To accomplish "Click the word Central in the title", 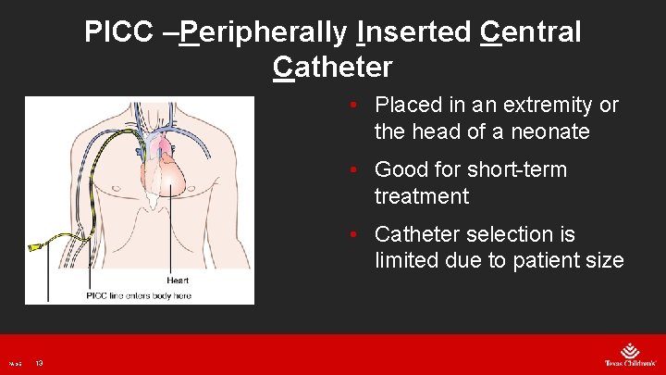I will [x=531, y=32].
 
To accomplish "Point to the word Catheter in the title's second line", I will [x=333, y=68].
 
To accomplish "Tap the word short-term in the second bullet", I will [x=517, y=170].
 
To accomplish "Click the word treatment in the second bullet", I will [x=422, y=197].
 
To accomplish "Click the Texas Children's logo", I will [x=628, y=355].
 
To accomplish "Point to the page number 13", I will [x=40, y=363].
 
